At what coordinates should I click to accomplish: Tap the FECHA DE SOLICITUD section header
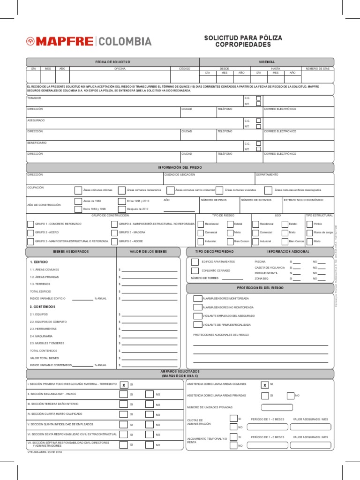pos(112,62)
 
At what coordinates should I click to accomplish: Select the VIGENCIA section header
pos(267,62)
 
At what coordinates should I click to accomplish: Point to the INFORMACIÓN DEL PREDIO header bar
pos(180,167)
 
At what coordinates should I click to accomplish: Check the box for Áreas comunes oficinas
pos(78,190)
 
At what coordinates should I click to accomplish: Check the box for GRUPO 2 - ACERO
pos(30,232)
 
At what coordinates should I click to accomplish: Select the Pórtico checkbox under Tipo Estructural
pos(309,224)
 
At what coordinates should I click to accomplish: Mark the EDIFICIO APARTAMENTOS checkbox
pos(195,262)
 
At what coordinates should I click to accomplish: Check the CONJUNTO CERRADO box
pos(195,270)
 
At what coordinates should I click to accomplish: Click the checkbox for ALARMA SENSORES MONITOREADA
pos(197,298)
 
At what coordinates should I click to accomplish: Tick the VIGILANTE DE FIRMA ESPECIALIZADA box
pos(197,324)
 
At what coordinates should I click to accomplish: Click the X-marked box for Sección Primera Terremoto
pos(124,385)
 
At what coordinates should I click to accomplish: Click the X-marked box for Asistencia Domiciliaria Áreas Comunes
pos(264,385)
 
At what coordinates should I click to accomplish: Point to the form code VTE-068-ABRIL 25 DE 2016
pos(45,452)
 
